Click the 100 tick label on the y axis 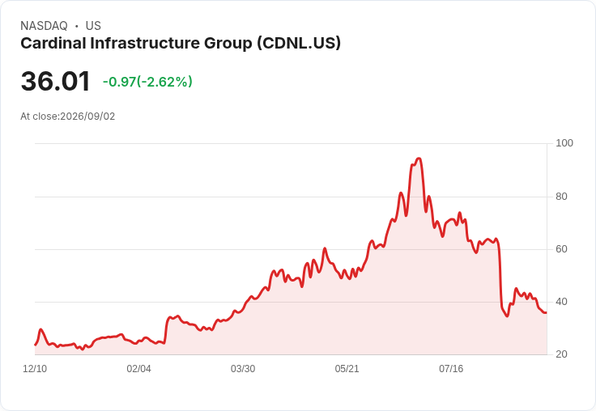click(x=564, y=143)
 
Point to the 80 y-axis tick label click(x=561, y=197)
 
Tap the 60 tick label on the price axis click(x=561, y=249)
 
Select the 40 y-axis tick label click(x=561, y=302)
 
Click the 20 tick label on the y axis click(x=561, y=354)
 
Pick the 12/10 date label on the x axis click(x=35, y=369)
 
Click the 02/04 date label click(x=138, y=369)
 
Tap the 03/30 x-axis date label click(x=243, y=369)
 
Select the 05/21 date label click(x=347, y=369)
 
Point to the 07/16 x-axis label click(x=451, y=369)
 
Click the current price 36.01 click(x=56, y=81)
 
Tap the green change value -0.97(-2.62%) click(x=147, y=82)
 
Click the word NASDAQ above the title click(x=44, y=26)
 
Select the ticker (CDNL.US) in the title click(x=299, y=43)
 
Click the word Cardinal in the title click(x=53, y=43)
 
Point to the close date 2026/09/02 click(x=87, y=117)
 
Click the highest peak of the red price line click(x=419, y=158)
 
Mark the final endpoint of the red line click(x=547, y=312)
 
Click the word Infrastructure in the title click(x=145, y=43)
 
